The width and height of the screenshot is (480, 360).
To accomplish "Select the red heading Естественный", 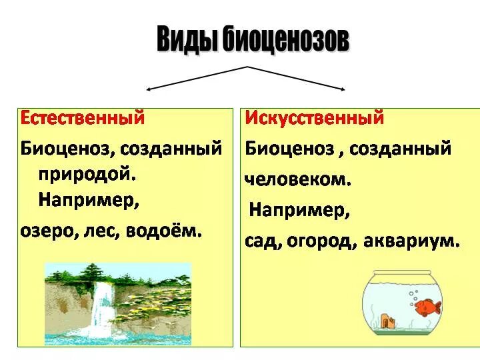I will pos(83,117).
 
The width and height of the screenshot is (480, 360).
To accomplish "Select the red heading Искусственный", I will pos(315,118).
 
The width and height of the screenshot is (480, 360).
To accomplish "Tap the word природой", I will pos(87,173).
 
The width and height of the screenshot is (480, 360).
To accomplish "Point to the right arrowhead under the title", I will pos(341,88).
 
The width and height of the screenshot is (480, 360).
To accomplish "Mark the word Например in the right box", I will pos(299,211).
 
